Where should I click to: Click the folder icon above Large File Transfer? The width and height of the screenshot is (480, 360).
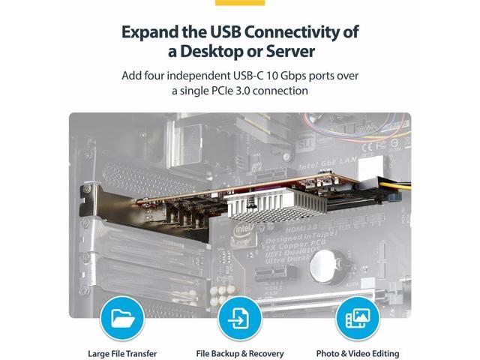121,317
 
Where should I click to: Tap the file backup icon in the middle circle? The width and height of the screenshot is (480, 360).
239,317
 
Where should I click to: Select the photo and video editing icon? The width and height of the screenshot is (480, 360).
358,317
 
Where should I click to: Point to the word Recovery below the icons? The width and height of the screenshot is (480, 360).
264,353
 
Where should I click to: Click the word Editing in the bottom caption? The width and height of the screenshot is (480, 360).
381,353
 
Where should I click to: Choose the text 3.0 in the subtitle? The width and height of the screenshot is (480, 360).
253,91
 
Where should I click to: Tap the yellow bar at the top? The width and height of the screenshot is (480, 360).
239,2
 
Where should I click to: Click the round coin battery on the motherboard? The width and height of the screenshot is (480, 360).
323,260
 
